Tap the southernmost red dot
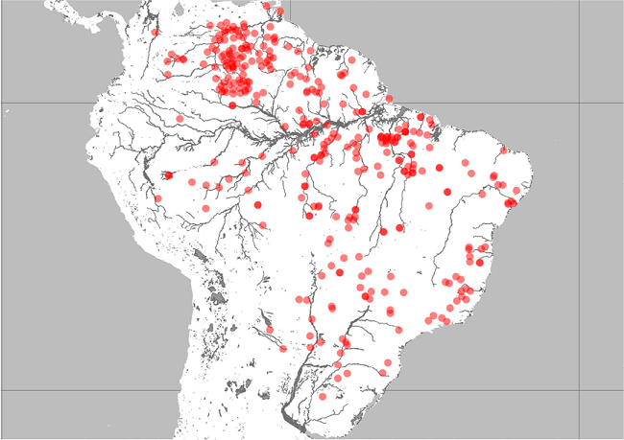click(324, 396)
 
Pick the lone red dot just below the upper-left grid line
click(180, 118)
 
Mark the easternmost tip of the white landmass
click(531, 183)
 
